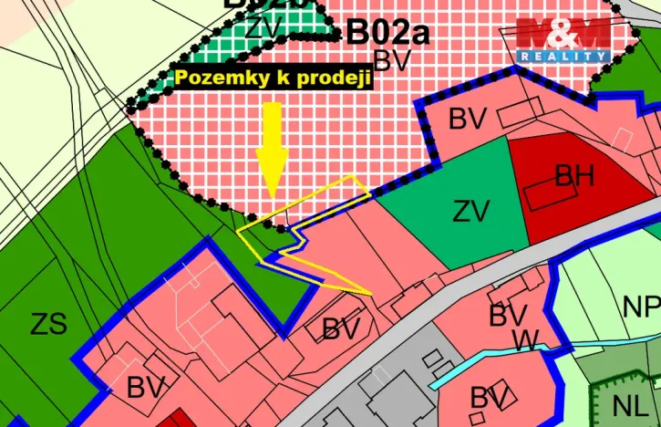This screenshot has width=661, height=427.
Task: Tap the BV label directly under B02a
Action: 393,61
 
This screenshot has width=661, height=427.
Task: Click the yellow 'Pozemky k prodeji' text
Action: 274,78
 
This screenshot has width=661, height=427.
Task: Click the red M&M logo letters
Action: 563,34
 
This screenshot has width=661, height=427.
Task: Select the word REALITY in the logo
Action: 563,57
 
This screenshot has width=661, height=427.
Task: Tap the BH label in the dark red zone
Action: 574,175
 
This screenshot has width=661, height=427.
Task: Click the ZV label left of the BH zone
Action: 471,212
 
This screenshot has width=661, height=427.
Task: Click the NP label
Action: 641,307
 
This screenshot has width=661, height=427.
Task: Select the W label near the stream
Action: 525,340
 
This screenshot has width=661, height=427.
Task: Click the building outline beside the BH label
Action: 538,193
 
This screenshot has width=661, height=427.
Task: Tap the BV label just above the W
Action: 508,316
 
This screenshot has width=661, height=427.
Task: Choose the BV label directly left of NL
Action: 489,398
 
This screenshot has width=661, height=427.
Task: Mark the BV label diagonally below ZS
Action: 146,388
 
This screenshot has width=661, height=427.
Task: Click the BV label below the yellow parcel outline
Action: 342,329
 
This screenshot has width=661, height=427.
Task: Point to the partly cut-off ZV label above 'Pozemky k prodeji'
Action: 263,27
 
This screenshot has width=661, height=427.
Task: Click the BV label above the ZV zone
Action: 468,119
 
